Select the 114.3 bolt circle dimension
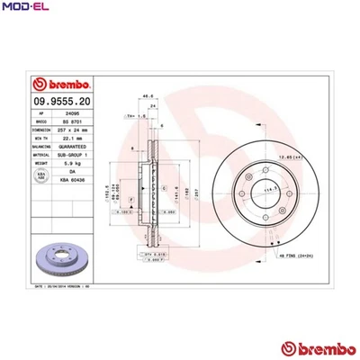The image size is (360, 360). pos(267,191)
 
